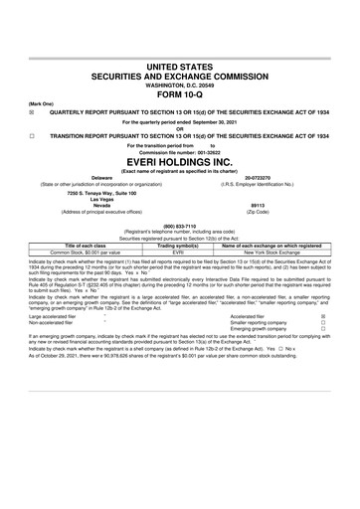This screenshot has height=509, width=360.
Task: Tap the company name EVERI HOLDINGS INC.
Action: pos(180,157)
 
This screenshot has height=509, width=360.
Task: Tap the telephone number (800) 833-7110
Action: pos(180,225)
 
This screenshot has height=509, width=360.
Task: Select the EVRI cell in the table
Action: pos(180,253)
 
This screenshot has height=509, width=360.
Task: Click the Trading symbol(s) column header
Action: pos(180,246)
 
